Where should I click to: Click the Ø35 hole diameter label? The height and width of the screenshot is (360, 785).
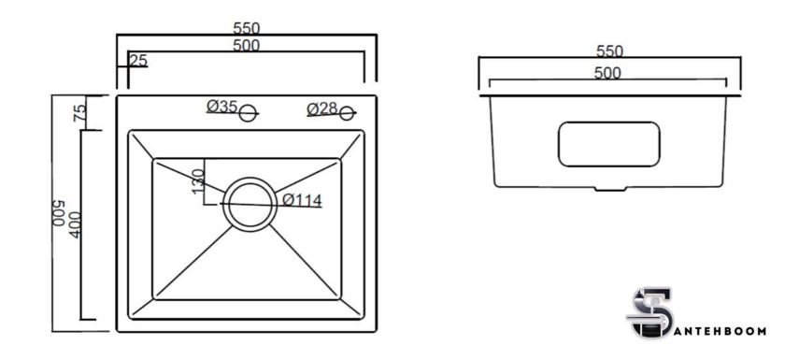[221, 107]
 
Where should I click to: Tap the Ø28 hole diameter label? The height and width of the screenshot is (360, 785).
[321, 108]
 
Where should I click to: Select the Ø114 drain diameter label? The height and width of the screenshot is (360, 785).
[302, 200]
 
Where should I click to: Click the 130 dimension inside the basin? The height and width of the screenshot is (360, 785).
[198, 181]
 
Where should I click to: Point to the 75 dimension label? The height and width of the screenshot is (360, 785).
[80, 112]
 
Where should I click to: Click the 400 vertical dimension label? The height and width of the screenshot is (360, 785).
[75, 224]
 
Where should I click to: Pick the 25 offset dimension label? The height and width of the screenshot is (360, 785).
[138, 61]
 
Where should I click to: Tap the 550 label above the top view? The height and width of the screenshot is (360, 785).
[247, 28]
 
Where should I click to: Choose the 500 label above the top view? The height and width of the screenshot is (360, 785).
[247, 46]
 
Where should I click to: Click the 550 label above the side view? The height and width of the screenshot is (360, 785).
[609, 51]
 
